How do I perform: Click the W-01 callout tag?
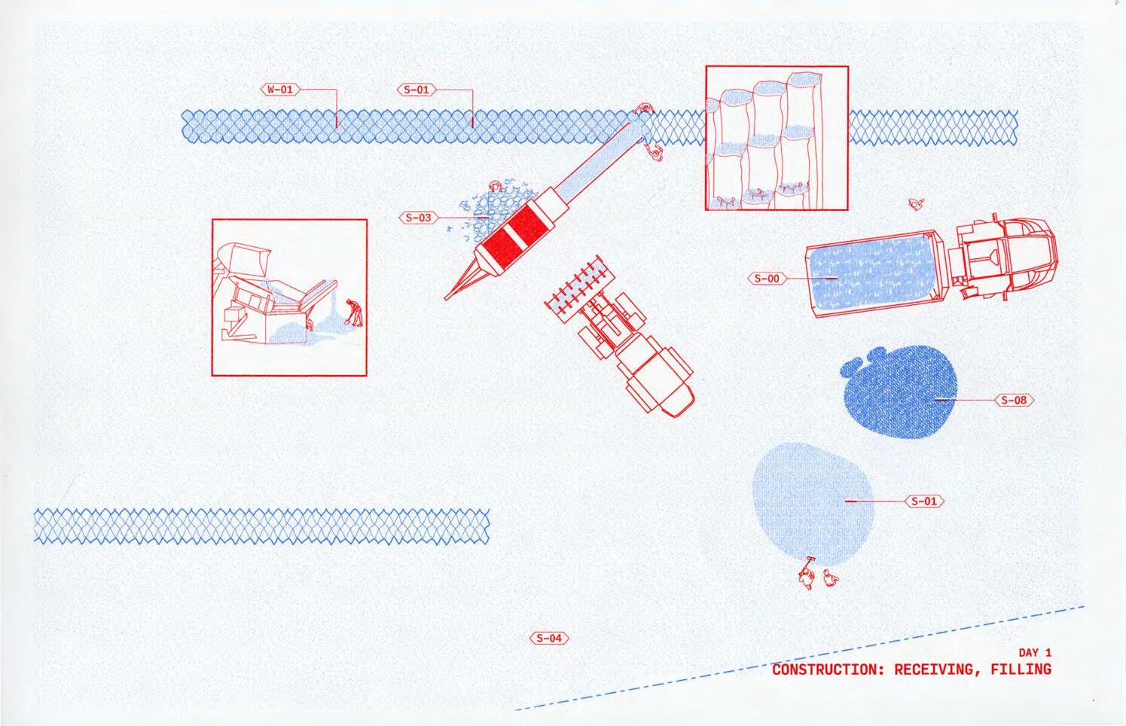pyautogui.click(x=279, y=90)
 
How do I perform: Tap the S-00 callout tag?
pyautogui.click(x=767, y=279)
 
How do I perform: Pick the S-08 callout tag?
pyautogui.click(x=1015, y=400)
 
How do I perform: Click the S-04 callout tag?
pyautogui.click(x=549, y=639)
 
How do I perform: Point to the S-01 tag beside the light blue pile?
pyautogui.click(x=924, y=501)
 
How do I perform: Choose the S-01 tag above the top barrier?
pyautogui.click(x=416, y=90)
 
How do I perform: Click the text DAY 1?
pyautogui.click(x=1034, y=653)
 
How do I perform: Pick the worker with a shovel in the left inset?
pyautogui.click(x=354, y=313)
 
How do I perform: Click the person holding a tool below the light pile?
pyautogui.click(x=807, y=575)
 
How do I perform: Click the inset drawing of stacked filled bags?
pyautogui.click(x=777, y=138)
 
